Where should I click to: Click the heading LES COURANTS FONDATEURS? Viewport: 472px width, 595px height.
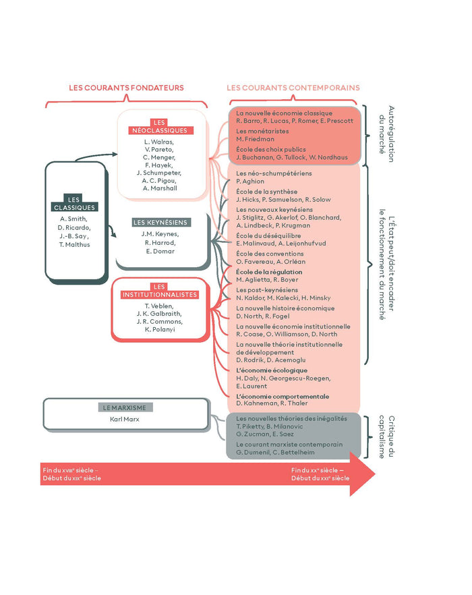[126, 88]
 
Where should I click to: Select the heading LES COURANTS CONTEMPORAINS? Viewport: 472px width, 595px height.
[293, 88]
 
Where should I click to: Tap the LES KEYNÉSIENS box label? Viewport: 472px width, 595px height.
[160, 222]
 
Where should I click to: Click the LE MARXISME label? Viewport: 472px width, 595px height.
[125, 407]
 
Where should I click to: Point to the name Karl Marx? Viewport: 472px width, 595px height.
[125, 419]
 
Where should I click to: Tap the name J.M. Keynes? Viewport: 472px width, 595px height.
[160, 233]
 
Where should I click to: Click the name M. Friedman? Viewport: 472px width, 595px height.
[254, 139]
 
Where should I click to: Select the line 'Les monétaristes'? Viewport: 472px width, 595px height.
[263, 131]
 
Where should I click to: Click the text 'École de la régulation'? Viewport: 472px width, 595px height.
[269, 272]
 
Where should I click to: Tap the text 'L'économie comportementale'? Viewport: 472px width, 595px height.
[283, 396]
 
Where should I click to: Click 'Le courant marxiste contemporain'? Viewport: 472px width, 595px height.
[289, 445]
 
